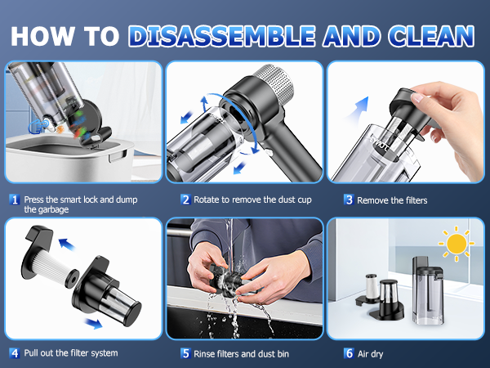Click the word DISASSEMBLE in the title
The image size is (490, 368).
pyautogui.click(x=221, y=36)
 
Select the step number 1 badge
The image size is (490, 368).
pyautogui.click(x=15, y=200)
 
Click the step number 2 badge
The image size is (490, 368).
pyautogui.click(x=185, y=200)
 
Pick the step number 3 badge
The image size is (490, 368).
pyautogui.click(x=349, y=200)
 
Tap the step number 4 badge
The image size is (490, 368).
pyautogui.click(x=15, y=353)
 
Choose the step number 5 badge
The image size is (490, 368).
pyautogui.click(x=185, y=353)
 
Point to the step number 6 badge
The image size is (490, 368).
pyautogui.click(x=349, y=353)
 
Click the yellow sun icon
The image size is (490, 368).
pyautogui.click(x=457, y=244)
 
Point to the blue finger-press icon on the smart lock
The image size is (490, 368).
pyautogui.click(x=38, y=126)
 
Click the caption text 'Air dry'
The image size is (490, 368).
pyautogui.click(x=370, y=354)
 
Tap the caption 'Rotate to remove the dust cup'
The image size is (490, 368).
pyautogui.click(x=252, y=200)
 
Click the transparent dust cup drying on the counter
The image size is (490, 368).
pyautogui.click(x=427, y=291)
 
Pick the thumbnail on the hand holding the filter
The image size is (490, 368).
pyautogui.click(x=416, y=97)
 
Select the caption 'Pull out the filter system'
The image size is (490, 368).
pyautogui.click(x=71, y=353)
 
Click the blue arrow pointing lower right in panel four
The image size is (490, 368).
pyautogui.click(x=94, y=323)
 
